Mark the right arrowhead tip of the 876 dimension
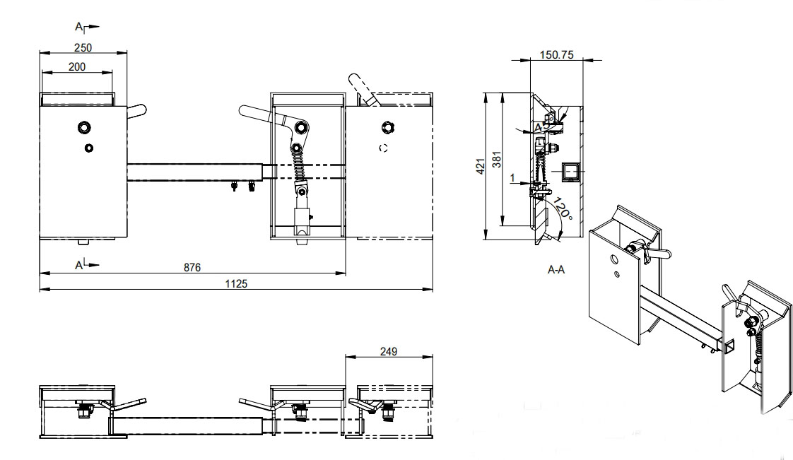click(346, 273)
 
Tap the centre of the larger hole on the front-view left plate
click(84, 127)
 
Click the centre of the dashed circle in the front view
click(383, 148)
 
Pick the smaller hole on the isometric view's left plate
click(617, 274)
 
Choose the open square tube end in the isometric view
click(728, 347)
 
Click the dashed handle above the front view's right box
click(361, 88)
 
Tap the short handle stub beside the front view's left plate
click(136, 111)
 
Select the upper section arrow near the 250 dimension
click(87, 27)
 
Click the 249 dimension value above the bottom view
click(389, 350)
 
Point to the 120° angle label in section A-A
click(562, 208)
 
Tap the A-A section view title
click(556, 269)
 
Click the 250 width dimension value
click(83, 47)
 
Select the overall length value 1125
click(236, 283)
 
